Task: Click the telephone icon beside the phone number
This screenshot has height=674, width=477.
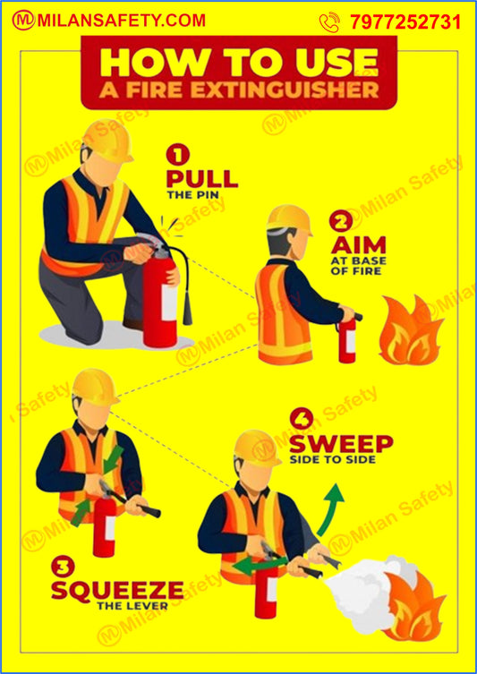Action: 329,22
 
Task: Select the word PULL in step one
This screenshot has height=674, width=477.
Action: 201,176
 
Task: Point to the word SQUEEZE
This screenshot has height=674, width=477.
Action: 117,591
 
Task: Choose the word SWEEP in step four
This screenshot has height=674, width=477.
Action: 341,444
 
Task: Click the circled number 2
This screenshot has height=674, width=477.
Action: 339,221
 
